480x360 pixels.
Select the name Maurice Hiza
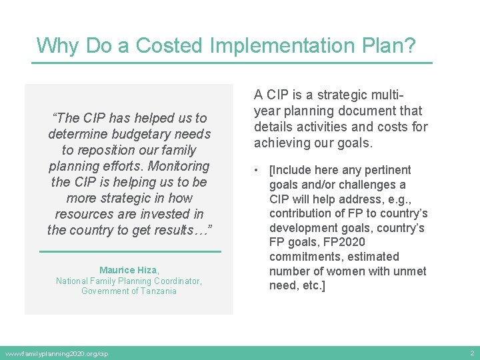(x=128, y=270)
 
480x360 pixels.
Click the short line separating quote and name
(x=130, y=251)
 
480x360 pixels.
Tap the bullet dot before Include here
(x=257, y=171)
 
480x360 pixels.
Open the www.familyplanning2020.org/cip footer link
(x=57, y=353)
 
